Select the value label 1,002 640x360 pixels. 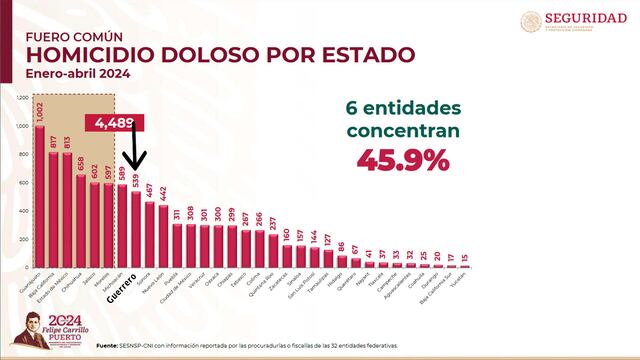coord(40,112)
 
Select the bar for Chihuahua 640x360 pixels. coord(81,221)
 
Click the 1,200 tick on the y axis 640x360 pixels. coord(23,97)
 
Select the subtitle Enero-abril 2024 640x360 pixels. coord(63,75)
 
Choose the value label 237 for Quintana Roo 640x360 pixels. coord(274,222)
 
